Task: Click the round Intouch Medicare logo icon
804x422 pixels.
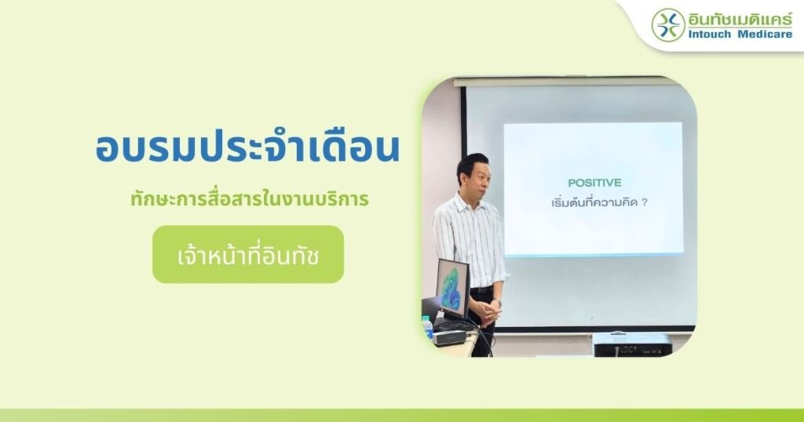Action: click(x=668, y=24)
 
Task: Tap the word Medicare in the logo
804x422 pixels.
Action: click(x=765, y=35)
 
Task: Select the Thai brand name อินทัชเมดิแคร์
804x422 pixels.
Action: click(x=740, y=19)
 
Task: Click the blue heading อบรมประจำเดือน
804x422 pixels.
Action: click(x=247, y=148)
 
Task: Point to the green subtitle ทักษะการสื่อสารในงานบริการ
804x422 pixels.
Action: click(x=250, y=198)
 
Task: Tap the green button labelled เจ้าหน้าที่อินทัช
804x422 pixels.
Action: click(x=248, y=254)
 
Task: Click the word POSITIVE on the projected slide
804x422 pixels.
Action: click(x=595, y=183)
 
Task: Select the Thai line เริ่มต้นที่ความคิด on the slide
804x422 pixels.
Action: click(x=594, y=202)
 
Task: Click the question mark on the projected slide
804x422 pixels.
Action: click(x=645, y=203)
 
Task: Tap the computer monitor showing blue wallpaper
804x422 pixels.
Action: click(x=453, y=289)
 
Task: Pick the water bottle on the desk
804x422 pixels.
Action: click(x=427, y=328)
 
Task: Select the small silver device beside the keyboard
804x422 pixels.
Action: click(x=449, y=337)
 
